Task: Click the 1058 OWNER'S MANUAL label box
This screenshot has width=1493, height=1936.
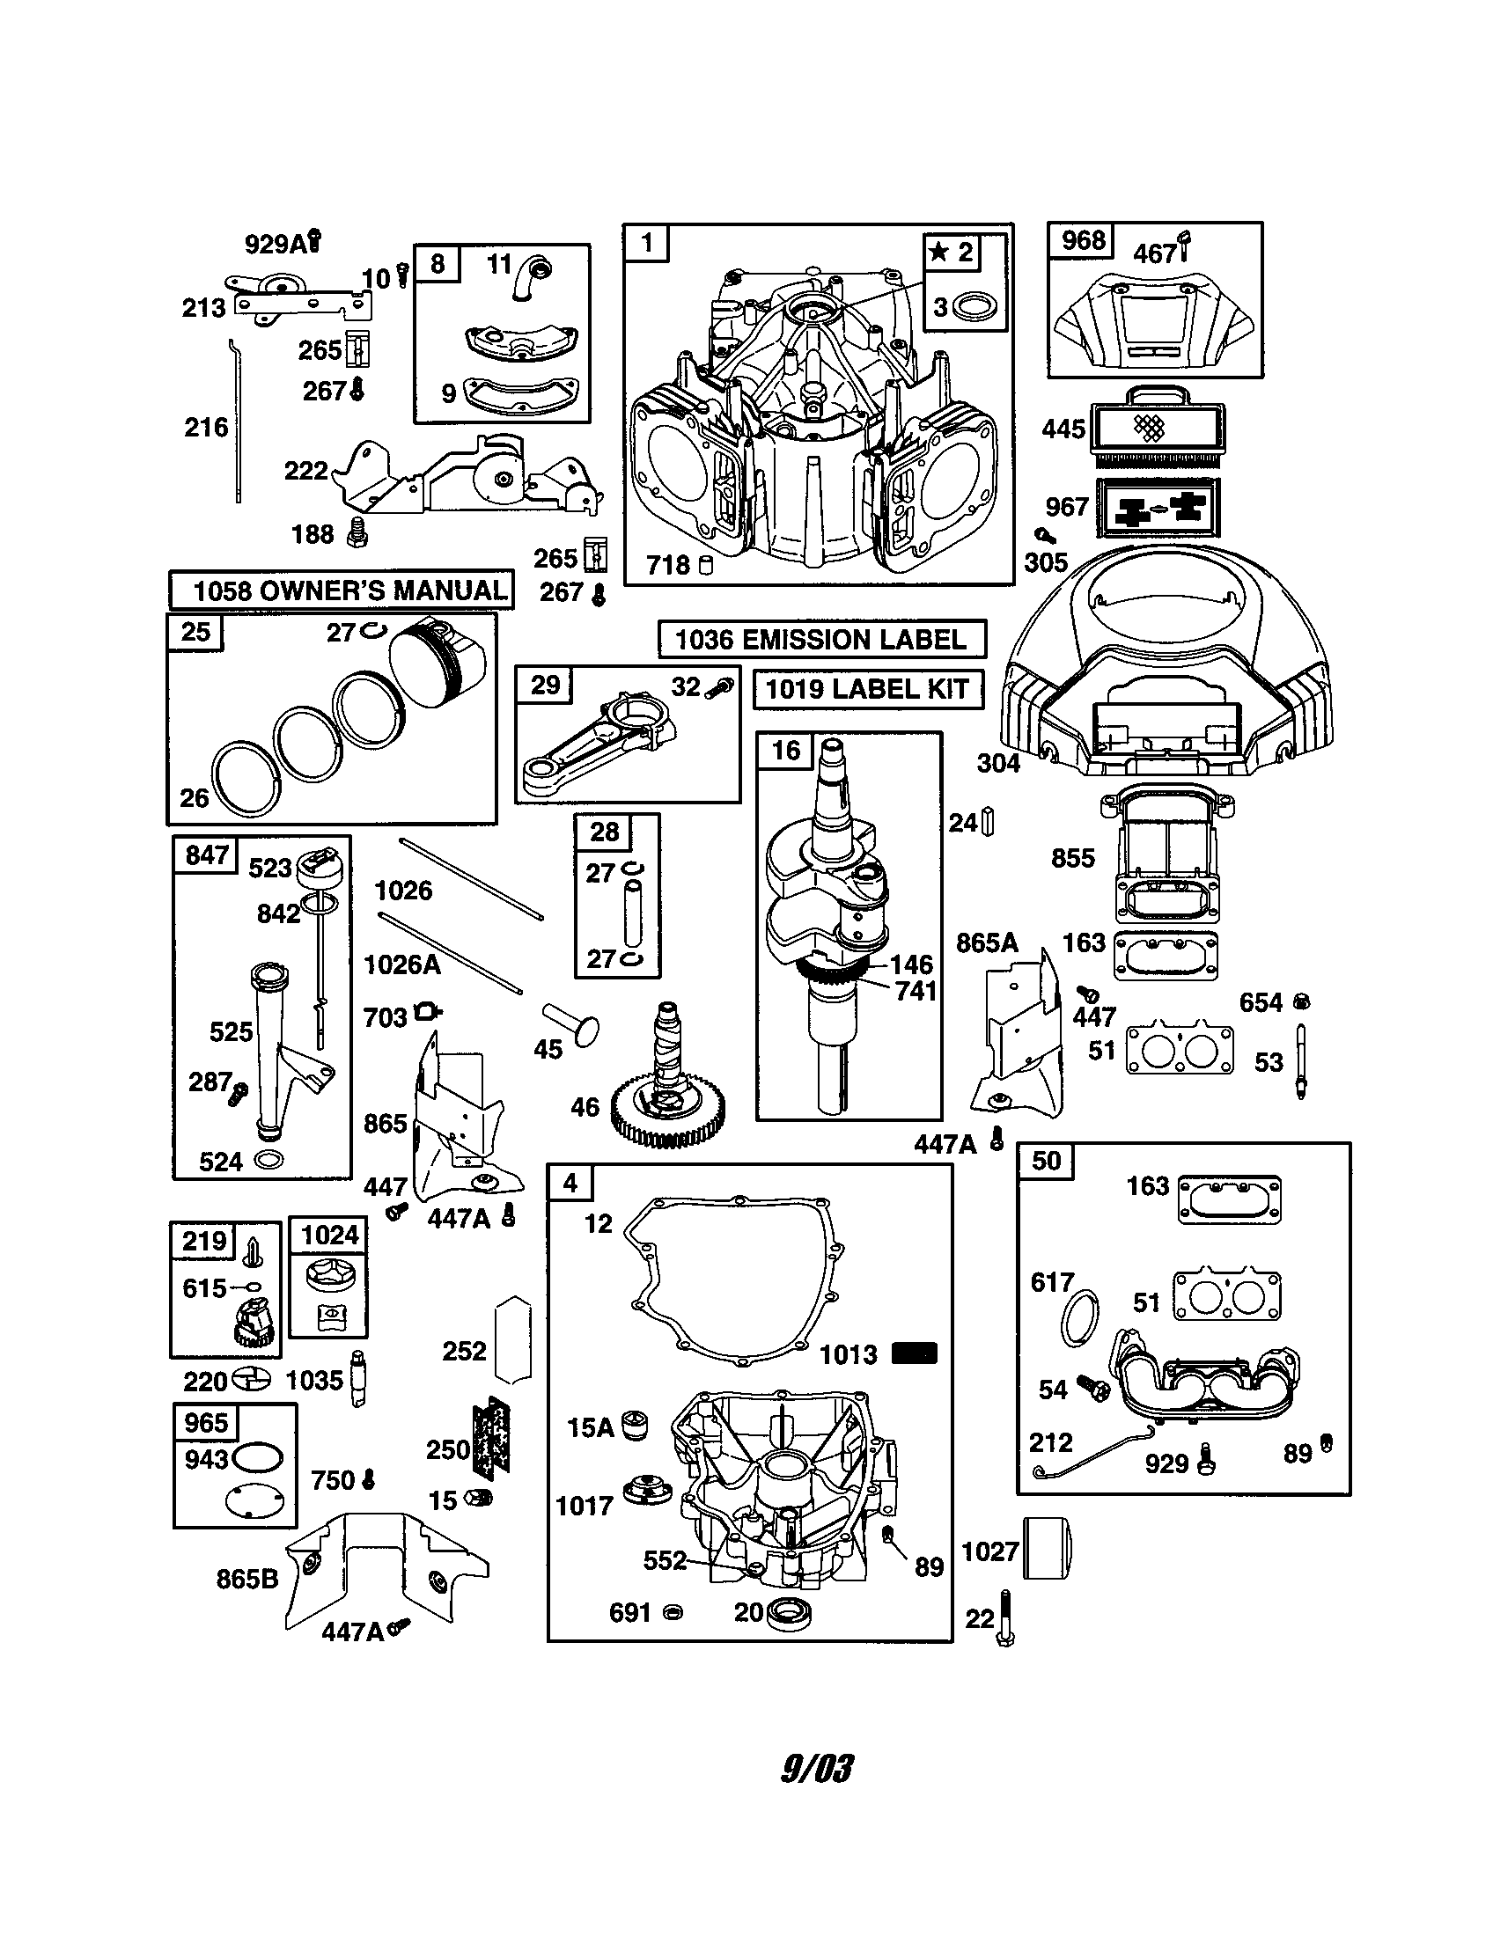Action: [342, 590]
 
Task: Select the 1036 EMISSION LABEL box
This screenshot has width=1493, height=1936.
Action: [821, 639]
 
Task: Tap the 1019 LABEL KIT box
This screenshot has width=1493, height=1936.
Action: [867, 690]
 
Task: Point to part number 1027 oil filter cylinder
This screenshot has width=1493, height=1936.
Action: [1047, 1549]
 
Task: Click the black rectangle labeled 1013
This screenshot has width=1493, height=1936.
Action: [914, 1354]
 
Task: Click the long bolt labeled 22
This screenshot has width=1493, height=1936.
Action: [1004, 1618]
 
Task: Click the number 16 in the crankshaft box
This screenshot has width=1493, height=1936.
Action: [785, 751]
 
